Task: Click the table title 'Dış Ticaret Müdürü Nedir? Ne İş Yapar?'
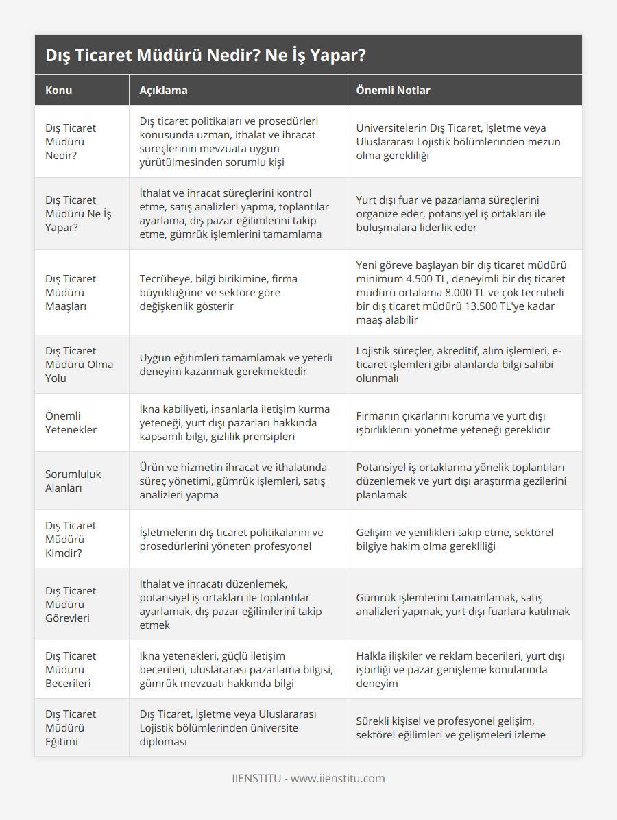tap(205, 56)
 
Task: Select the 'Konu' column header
tap(59, 90)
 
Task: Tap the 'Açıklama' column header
tap(163, 90)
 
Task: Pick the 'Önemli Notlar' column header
tap(393, 90)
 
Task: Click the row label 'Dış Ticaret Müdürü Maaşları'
tap(71, 292)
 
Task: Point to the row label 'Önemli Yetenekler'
tap(71, 422)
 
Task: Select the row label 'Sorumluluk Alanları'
tap(73, 481)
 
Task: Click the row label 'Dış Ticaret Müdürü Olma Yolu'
tap(79, 364)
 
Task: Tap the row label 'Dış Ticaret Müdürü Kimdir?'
tap(71, 539)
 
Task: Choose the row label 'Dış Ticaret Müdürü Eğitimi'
tap(71, 727)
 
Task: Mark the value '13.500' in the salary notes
tap(485, 306)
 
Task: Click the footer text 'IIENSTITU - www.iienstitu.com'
tap(308, 778)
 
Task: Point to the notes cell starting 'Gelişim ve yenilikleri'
tap(455, 539)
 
